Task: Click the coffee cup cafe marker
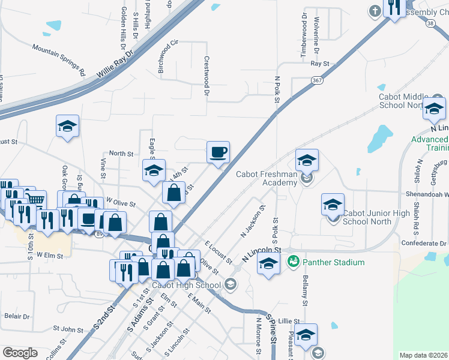[x=218, y=152]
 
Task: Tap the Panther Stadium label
[x=334, y=262]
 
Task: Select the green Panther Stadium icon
[x=294, y=261]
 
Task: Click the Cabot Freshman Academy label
[x=267, y=178]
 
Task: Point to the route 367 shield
[x=318, y=79]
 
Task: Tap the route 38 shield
[x=430, y=23]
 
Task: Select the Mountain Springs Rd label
[x=59, y=61]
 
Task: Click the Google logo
[x=20, y=353]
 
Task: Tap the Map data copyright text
[x=423, y=355]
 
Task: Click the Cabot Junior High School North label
[x=376, y=217]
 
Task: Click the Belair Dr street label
[x=16, y=316]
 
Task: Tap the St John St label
[x=68, y=329]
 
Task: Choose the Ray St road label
[x=320, y=63]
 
